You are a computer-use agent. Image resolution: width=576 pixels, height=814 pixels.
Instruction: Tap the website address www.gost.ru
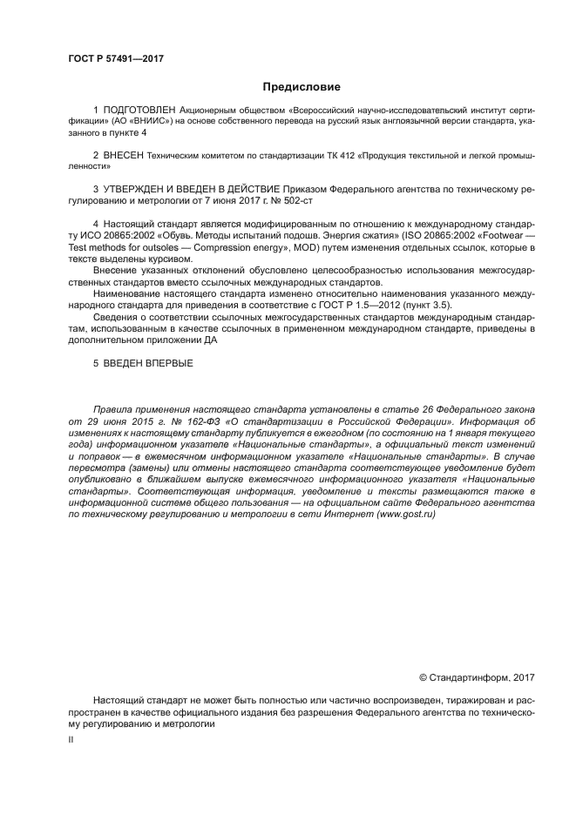406,515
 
